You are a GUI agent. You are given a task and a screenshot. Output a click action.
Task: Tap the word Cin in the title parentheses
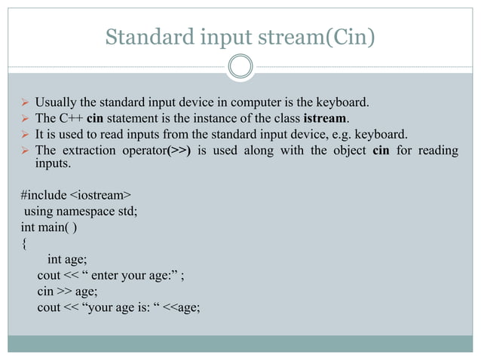tap(350, 36)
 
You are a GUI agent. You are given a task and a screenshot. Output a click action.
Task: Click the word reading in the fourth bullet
tap(435, 151)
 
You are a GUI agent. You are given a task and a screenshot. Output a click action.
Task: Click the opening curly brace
tap(24, 243)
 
